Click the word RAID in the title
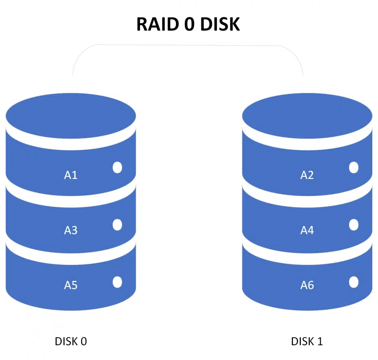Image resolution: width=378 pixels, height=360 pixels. point(157,24)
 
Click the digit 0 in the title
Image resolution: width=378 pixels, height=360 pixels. point(189,24)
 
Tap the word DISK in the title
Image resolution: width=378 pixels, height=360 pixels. point(220,24)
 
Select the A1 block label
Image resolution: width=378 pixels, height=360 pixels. point(71,175)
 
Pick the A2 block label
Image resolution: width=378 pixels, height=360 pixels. point(307,175)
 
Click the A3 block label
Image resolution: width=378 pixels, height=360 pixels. point(71,230)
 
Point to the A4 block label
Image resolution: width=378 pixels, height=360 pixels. point(307,230)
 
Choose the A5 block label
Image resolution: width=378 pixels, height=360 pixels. point(71,285)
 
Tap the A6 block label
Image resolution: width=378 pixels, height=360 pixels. point(307,285)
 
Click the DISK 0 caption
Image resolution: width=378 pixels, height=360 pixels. point(71,341)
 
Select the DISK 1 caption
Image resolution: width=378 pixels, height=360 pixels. point(307,341)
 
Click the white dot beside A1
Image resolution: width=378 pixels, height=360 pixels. point(117,167)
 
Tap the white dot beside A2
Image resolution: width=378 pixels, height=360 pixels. point(354,167)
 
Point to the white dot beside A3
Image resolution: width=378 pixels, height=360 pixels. point(117,225)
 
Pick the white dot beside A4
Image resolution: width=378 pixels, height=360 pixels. point(354,225)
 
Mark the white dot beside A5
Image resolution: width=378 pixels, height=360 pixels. point(117,282)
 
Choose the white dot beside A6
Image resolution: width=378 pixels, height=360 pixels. point(354,282)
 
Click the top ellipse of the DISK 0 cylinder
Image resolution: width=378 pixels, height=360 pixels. point(71,116)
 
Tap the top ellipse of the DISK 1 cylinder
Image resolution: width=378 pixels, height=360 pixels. point(307,116)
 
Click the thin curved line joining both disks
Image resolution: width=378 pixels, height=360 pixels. point(188,45)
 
